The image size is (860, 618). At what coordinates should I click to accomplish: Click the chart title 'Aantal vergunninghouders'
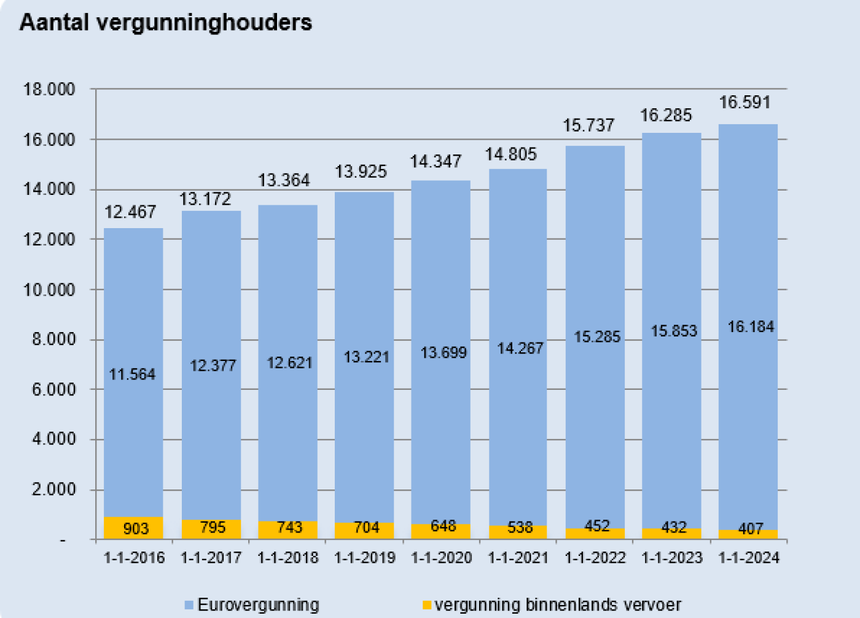coord(166,23)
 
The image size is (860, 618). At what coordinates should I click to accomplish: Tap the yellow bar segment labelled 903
coord(133,528)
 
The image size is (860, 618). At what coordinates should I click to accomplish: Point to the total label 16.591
coord(745,102)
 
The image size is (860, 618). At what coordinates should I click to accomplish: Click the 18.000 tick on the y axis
coord(49,90)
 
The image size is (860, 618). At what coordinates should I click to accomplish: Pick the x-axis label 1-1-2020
coord(441,558)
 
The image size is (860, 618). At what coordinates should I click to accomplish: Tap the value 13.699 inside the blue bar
coord(444,353)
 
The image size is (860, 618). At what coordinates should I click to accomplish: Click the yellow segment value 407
coord(750,529)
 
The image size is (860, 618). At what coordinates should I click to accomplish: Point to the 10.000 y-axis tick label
coord(49,290)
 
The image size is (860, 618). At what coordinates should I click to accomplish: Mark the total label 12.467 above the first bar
coord(130,212)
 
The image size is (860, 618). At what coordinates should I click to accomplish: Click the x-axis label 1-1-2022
coord(595,558)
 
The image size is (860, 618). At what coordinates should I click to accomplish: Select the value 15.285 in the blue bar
coord(597,337)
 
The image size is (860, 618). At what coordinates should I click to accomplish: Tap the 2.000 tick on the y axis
coord(53,490)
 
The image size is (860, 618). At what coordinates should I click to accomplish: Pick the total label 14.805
coord(510,154)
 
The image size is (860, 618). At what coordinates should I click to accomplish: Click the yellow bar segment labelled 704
coord(365,528)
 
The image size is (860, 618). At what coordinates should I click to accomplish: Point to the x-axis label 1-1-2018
coord(287,558)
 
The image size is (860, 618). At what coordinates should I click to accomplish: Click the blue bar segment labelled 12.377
coord(213,366)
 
